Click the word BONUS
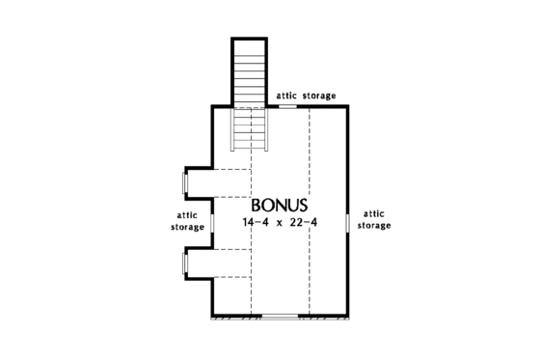pyautogui.click(x=280, y=206)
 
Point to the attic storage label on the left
pyautogui.click(x=189, y=221)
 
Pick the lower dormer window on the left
pyautogui.click(x=185, y=263)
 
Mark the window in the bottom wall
pyautogui.click(x=280, y=316)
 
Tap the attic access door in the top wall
pyautogui.click(x=287, y=107)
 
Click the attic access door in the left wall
pyautogui.click(x=213, y=222)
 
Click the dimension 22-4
pyautogui.click(x=304, y=224)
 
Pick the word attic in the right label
pyautogui.click(x=374, y=212)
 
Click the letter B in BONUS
pyautogui.click(x=258, y=206)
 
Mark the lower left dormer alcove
pyautogui.click(x=218, y=263)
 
